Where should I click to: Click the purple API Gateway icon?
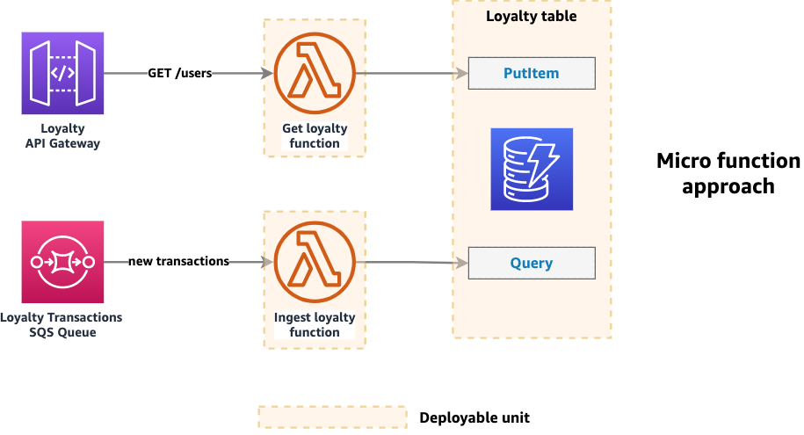[62, 74]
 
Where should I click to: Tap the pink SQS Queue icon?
[62, 262]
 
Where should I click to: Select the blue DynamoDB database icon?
[532, 170]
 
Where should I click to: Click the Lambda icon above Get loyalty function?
[315, 74]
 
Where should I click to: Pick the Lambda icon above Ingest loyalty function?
[315, 262]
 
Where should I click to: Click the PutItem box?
[532, 74]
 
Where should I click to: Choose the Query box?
[532, 263]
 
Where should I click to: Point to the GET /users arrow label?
[180, 73]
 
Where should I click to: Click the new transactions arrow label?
[178, 261]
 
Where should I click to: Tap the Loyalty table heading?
[532, 16]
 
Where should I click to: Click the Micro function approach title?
[728, 173]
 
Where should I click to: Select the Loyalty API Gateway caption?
[62, 136]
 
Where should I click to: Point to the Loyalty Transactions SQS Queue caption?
[62, 324]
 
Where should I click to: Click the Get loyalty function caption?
[315, 136]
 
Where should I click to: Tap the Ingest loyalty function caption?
[315, 324]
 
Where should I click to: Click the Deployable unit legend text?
[474, 417]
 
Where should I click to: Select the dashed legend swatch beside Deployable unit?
[332, 417]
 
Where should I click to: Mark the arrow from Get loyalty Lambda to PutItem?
[411, 74]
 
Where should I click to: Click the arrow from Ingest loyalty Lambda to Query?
[411, 262]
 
